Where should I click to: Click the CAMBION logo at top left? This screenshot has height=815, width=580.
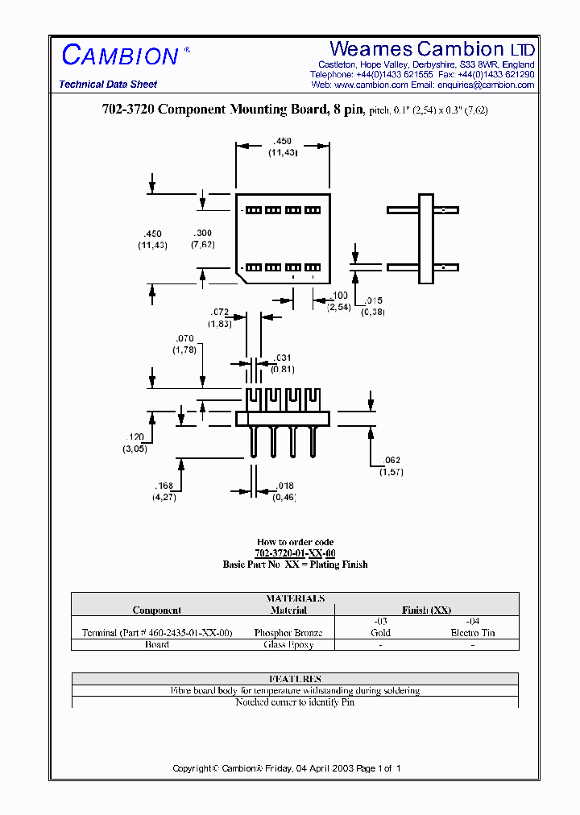(121, 56)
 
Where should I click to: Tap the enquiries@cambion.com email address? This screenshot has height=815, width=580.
(486, 85)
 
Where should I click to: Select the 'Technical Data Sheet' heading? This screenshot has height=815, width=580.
(108, 85)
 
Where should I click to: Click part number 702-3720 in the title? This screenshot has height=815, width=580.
(123, 110)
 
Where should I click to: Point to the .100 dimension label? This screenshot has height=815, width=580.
(339, 296)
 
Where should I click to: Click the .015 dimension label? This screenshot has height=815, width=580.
(372, 300)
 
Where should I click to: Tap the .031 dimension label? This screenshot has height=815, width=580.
(282, 358)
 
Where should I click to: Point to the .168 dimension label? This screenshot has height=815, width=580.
(164, 486)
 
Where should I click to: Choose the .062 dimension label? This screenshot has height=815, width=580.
(391, 460)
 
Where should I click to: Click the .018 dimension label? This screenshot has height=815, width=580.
(284, 486)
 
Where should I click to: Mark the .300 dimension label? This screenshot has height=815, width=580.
(202, 233)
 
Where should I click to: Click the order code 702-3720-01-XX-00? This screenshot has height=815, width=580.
(295, 553)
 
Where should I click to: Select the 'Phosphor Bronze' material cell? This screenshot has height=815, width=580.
(288, 633)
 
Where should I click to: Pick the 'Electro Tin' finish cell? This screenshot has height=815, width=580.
(472, 633)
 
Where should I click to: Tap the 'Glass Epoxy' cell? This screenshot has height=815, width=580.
(288, 644)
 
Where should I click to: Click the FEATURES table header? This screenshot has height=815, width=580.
(295, 679)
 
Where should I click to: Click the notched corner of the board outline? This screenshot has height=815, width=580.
(240, 275)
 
